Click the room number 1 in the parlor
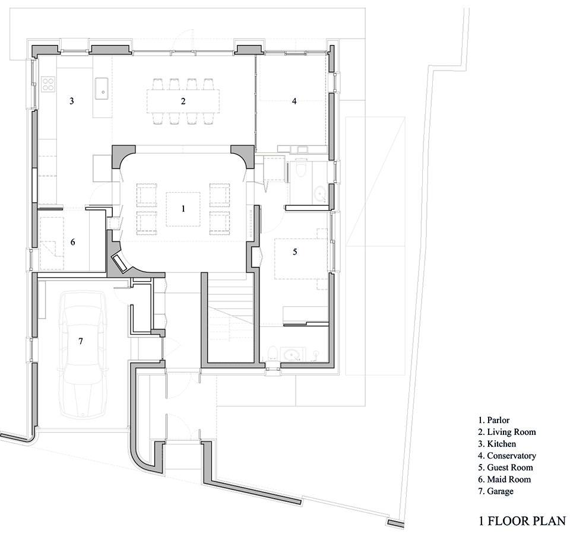click(x=183, y=208)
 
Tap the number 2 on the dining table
click(x=183, y=101)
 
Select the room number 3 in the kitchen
click(x=72, y=101)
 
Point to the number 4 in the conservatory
click(x=294, y=101)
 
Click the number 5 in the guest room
click(x=295, y=252)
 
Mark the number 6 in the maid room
click(x=72, y=242)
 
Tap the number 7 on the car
click(x=81, y=341)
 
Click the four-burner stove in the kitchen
click(x=48, y=84)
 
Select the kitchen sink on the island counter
click(x=102, y=88)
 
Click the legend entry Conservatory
click(x=507, y=456)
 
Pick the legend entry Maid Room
click(x=505, y=479)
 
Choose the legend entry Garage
click(x=496, y=491)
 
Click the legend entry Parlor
click(x=494, y=420)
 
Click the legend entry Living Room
click(x=507, y=432)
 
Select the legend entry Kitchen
click(x=497, y=444)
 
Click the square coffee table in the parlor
click(x=183, y=209)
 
